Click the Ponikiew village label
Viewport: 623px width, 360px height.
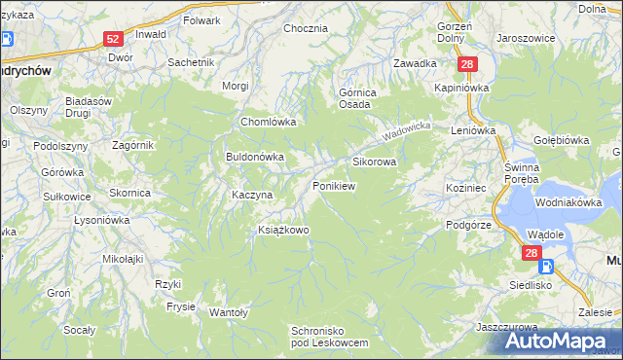(333, 185)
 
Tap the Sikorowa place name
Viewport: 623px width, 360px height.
(374, 162)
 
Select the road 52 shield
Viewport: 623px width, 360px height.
(113, 39)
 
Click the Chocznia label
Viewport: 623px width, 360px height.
(305, 28)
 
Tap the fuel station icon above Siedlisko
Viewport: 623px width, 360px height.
(546, 266)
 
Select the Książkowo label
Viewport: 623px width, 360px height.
(282, 230)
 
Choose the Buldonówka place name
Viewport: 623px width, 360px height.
(254, 156)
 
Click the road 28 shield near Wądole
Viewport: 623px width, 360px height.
(531, 253)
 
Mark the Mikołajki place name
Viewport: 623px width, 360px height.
(124, 259)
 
